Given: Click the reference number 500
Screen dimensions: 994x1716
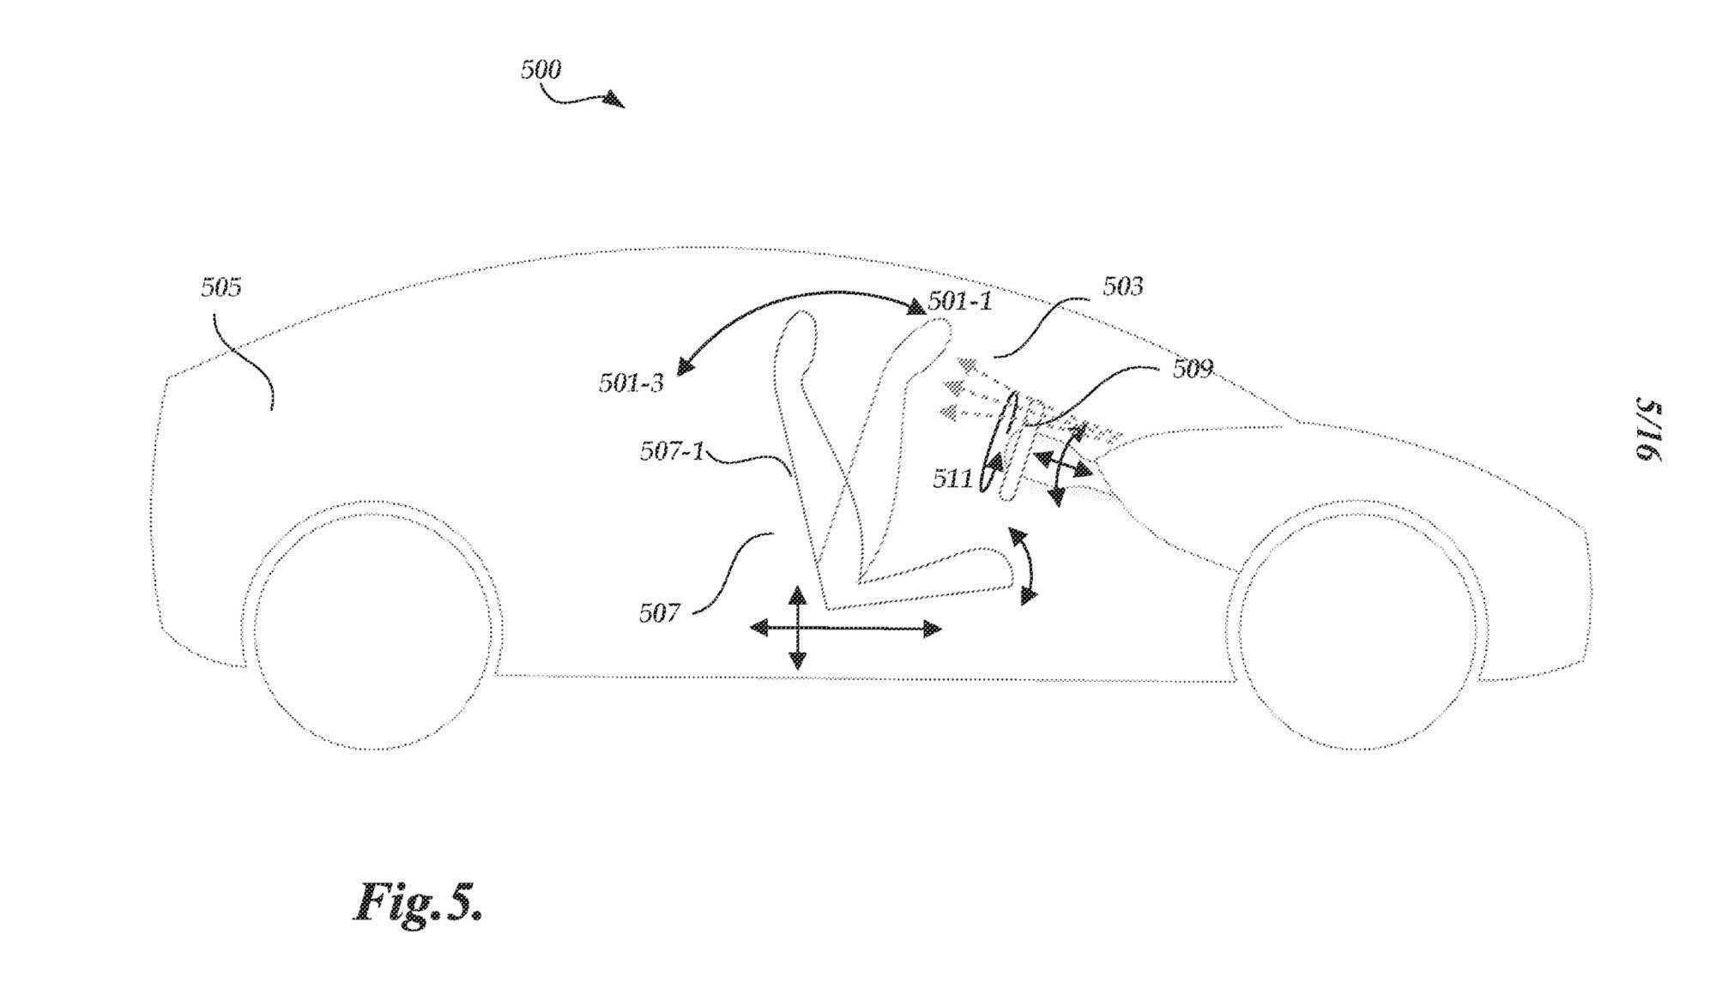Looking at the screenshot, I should point(541,69).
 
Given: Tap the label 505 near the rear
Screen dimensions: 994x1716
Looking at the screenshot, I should point(221,287).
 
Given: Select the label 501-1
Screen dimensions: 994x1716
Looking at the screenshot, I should point(960,301).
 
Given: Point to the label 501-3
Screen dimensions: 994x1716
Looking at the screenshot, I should point(631,383).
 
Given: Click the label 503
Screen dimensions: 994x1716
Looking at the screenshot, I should point(1122,286).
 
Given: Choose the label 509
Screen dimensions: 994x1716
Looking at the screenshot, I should point(1193,369).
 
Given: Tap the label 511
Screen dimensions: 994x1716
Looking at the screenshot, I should point(952,479).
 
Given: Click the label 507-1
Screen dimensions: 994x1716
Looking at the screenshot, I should point(671,451).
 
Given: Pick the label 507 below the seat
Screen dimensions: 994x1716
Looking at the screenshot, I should point(659,613).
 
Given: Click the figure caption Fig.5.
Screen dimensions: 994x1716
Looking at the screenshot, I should point(419,902).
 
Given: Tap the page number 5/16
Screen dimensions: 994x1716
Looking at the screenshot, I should point(1649,431).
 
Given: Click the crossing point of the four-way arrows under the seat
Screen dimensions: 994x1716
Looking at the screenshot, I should point(798,629).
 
